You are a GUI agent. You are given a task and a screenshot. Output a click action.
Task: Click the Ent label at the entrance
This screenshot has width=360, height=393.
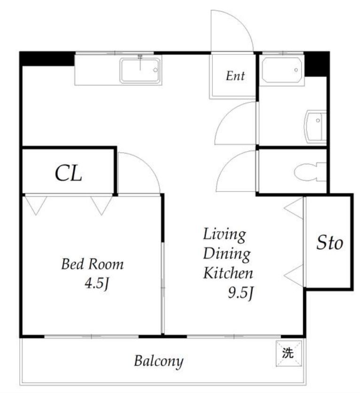[235, 76]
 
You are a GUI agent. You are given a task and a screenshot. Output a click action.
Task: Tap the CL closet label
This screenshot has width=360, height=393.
[68, 173]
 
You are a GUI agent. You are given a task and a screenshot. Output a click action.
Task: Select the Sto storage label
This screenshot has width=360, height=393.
[329, 242]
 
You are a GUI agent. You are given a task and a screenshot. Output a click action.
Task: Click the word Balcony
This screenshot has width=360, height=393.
[158, 362]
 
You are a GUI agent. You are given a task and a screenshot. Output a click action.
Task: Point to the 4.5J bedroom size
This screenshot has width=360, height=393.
[97, 284]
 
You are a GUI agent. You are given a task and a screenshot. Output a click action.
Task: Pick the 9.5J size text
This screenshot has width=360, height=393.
[241, 293]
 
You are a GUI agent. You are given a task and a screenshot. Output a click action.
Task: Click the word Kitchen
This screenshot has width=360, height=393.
[228, 273]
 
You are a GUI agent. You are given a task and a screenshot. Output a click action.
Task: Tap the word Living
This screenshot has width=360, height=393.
[224, 235]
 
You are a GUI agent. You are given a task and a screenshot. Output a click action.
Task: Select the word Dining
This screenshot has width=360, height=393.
[227, 254]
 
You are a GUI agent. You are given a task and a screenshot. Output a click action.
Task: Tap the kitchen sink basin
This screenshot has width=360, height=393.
[140, 70]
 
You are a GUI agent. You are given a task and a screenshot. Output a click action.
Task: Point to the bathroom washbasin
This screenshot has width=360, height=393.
[315, 126]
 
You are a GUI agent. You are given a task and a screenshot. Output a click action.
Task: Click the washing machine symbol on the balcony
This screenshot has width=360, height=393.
[289, 353]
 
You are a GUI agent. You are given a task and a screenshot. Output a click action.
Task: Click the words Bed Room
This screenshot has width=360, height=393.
[92, 264]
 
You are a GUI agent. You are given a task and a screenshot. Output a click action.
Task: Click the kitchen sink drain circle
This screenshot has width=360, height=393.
[156, 70]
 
